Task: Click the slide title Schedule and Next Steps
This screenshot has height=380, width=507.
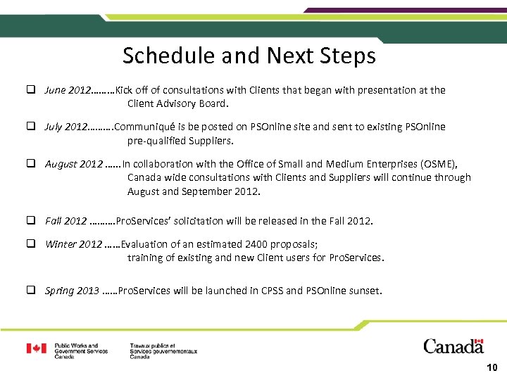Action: [x=249, y=56]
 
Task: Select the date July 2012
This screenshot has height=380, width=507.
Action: [x=65, y=127]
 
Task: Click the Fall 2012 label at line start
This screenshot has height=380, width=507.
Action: [x=65, y=221]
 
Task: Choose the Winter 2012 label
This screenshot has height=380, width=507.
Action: [x=73, y=244]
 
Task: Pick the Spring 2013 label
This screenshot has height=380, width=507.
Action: [x=72, y=290]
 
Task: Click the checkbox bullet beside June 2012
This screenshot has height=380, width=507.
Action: [x=32, y=90]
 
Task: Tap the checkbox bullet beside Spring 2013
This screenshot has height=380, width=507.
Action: [x=32, y=290]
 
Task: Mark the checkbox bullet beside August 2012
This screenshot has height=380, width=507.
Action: [x=32, y=164]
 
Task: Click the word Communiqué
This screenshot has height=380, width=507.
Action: [x=144, y=127]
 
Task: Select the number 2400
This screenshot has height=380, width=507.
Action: [x=257, y=244]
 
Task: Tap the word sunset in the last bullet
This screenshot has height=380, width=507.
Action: [x=363, y=290]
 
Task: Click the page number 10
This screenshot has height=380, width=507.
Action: [x=492, y=367]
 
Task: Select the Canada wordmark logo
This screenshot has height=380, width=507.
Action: [x=453, y=346]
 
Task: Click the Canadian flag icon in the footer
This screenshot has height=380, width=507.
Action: [x=37, y=348]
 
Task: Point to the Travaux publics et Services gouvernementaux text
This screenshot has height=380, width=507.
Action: [x=163, y=350]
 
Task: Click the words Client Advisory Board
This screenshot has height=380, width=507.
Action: [x=177, y=103]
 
